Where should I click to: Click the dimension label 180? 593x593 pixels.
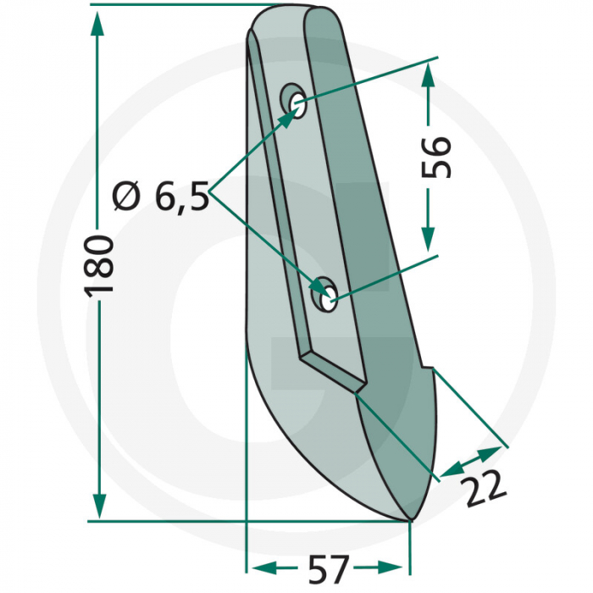click(x=99, y=265)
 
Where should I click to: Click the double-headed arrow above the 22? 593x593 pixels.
click(x=469, y=459)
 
